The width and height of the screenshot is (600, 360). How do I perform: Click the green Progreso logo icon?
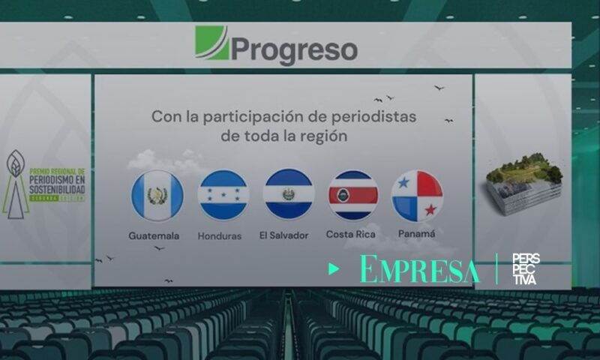point(211,43)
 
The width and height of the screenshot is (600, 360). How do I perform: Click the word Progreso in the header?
point(294,49)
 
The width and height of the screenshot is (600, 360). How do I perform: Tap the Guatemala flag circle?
point(157,196)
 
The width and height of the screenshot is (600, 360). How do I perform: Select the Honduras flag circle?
point(223,196)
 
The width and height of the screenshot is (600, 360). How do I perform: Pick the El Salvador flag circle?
point(289,193)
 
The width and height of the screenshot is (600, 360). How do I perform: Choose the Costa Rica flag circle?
point(352,195)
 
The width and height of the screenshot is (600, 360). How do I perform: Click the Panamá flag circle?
point(417,196)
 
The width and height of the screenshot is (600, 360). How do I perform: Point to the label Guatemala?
point(154,235)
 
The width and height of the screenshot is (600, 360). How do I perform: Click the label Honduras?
point(219,235)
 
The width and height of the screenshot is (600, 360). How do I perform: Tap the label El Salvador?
point(283,235)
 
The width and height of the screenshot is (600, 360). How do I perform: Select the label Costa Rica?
point(350,235)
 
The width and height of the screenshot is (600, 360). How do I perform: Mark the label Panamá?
point(417,234)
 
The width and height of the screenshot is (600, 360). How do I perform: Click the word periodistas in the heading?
point(372,116)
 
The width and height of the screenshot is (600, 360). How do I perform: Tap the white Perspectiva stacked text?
point(525,268)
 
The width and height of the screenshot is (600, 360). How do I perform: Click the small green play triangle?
point(334,269)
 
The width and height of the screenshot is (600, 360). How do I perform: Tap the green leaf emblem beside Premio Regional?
point(15,184)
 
